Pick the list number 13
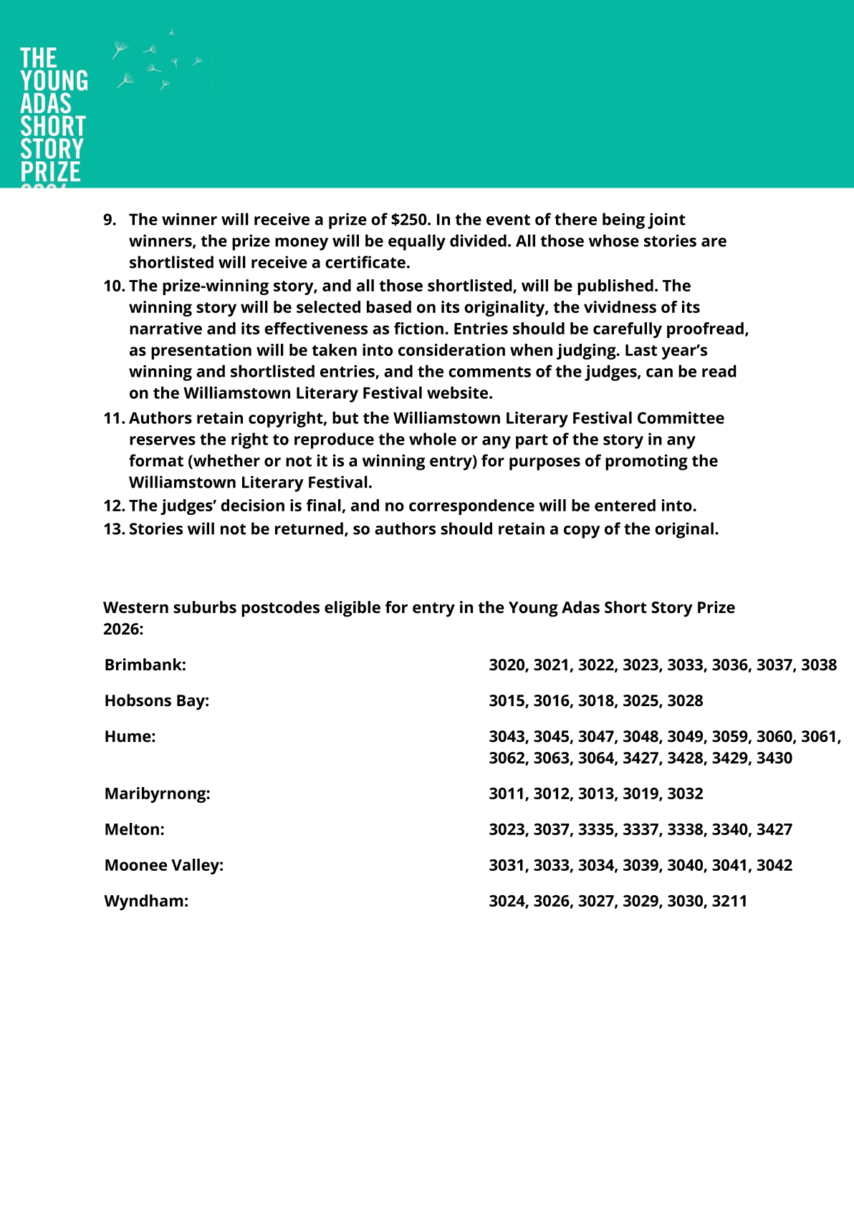(x=114, y=529)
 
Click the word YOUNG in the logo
(x=54, y=81)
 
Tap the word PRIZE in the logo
(x=50, y=172)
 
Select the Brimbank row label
(x=145, y=665)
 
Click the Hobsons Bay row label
(x=157, y=700)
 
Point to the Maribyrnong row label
(x=158, y=793)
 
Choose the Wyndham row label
(x=147, y=901)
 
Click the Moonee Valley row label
(x=164, y=865)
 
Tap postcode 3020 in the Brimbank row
(x=507, y=665)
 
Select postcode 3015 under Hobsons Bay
(x=507, y=700)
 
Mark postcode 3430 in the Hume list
(x=774, y=758)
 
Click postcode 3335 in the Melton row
(x=596, y=829)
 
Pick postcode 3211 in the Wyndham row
(x=729, y=901)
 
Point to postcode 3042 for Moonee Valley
(x=774, y=865)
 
